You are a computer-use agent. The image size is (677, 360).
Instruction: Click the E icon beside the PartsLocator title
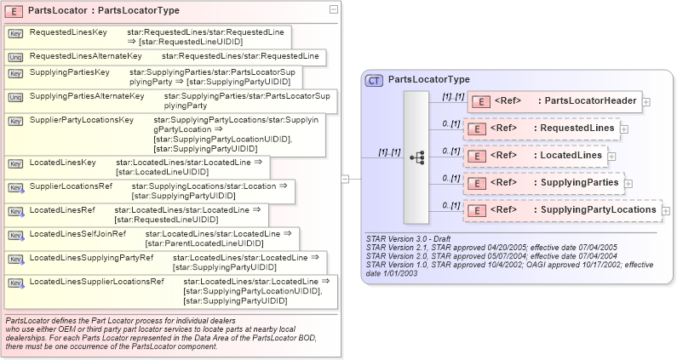coord(15,10)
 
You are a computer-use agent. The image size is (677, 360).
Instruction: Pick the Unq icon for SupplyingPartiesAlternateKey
coord(15,97)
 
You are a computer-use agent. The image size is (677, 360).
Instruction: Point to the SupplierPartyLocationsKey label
coord(82,120)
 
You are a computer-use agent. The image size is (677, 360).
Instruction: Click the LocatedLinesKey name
coord(62,161)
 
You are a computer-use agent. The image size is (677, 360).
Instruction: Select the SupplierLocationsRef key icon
coord(15,186)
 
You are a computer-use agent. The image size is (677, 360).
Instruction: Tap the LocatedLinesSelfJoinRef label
coord(77,233)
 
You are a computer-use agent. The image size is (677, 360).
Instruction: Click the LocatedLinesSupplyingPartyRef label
coord(91,256)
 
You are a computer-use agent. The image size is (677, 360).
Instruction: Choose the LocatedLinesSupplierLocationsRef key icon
coord(15,282)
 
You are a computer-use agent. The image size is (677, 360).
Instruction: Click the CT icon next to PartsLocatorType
coord(374,80)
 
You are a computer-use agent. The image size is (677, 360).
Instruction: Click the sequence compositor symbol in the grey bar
coord(416,157)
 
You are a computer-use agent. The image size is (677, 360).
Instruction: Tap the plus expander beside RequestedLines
coord(624,129)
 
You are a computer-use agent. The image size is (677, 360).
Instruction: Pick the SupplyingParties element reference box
coord(544,182)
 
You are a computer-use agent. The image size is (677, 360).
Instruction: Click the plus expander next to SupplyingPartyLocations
coord(666,210)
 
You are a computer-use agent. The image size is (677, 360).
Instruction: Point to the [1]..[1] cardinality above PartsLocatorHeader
coord(451,97)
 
